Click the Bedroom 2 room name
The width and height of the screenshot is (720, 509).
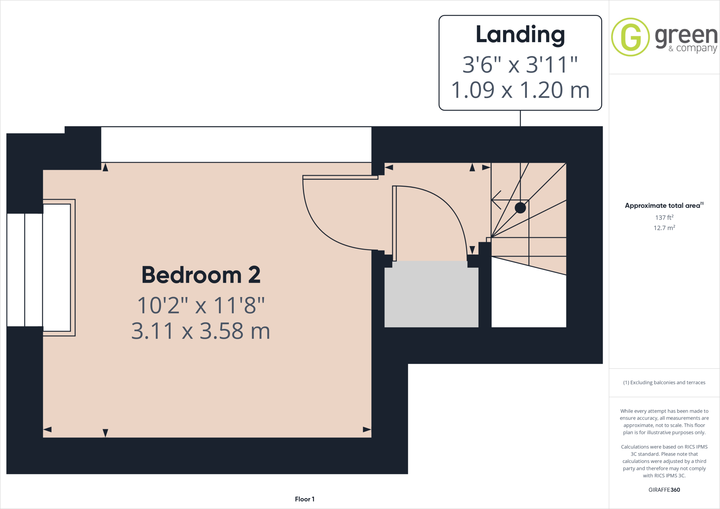[x=201, y=275]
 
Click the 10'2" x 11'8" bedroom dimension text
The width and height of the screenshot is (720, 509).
[x=201, y=305]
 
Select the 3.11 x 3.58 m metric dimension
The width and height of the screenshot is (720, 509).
[x=201, y=331]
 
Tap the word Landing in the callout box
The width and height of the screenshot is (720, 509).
[x=520, y=35]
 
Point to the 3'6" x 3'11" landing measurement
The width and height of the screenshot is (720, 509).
[x=520, y=65]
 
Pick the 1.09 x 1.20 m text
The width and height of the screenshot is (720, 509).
[x=520, y=90]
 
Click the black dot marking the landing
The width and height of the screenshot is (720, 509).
[x=520, y=208]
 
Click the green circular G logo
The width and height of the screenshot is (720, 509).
[x=630, y=37]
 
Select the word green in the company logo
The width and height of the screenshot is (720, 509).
[x=686, y=35]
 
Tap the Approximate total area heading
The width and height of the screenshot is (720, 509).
[x=662, y=206]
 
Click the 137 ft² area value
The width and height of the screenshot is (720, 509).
[x=664, y=218]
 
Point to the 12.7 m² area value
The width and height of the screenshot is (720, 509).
[x=664, y=228]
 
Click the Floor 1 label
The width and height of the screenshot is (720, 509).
[x=304, y=499]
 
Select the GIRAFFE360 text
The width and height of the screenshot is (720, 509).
[x=664, y=490]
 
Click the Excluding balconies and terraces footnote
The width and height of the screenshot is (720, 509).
[x=664, y=382]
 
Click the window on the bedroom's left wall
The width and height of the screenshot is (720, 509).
[x=25, y=270]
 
